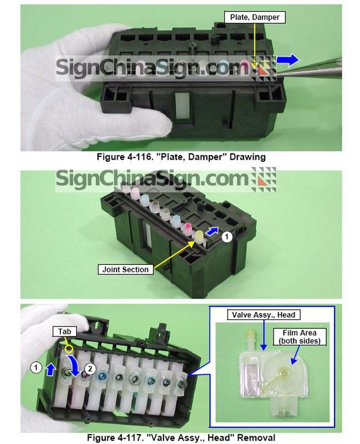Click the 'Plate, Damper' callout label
pyautogui.click(x=255, y=17)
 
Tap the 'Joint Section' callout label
pyautogui.click(x=125, y=269)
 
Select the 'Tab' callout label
pyautogui.click(x=65, y=331)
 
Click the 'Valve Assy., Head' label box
pyautogui.click(x=264, y=315)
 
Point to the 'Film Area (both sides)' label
pyautogui.click(x=300, y=336)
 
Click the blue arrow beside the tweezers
pyautogui.click(x=288, y=60)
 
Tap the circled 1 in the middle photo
pyautogui.click(x=227, y=237)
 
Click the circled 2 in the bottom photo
pyautogui.click(x=90, y=369)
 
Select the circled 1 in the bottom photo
pyautogui.click(x=36, y=368)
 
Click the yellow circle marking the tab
pyautogui.click(x=69, y=349)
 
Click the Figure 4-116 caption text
pyautogui.click(x=181, y=157)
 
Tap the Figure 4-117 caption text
pyautogui.click(x=181, y=437)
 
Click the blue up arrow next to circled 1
pyautogui.click(x=50, y=370)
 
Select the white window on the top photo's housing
pyautogui.click(x=182, y=105)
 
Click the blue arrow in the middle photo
pyautogui.click(x=213, y=231)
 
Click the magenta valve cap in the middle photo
pyautogui.click(x=188, y=227)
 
